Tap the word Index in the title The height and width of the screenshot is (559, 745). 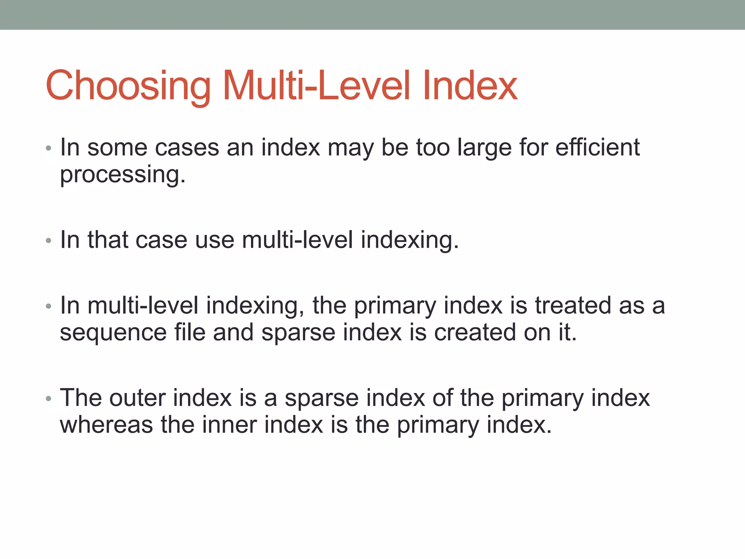click(x=470, y=86)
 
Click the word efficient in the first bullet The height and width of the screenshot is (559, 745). click(x=597, y=147)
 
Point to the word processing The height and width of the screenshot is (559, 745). click(x=123, y=175)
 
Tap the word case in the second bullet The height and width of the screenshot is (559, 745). click(x=161, y=240)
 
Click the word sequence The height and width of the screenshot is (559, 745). click(x=113, y=333)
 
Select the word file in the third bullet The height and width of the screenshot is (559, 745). click(x=190, y=333)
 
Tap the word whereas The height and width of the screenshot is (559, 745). click(x=106, y=425)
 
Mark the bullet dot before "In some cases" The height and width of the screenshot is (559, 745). click(x=49, y=148)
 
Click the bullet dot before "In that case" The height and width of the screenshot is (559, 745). click(x=49, y=241)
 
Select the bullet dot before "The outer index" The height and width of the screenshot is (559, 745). click(x=49, y=399)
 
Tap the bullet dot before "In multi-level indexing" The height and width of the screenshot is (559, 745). click(x=49, y=306)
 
